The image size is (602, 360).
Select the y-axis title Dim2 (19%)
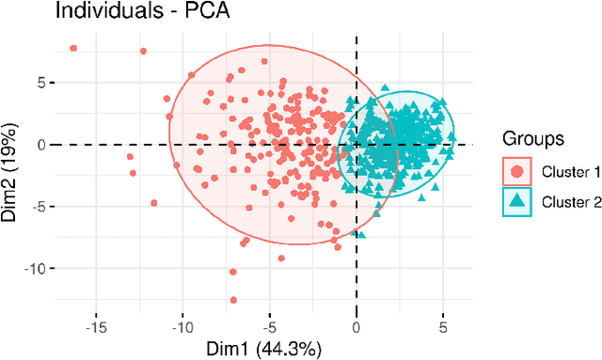tap(12, 171)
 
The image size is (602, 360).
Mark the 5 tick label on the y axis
tap(40, 83)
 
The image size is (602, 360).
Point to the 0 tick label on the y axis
tap(40, 145)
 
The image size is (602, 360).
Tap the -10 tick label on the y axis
tap(35, 269)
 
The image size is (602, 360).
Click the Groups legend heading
tap(533, 138)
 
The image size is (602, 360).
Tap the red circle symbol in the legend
tap(516, 172)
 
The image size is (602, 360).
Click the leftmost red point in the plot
tap(73, 48)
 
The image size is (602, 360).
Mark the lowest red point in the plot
tap(232, 300)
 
